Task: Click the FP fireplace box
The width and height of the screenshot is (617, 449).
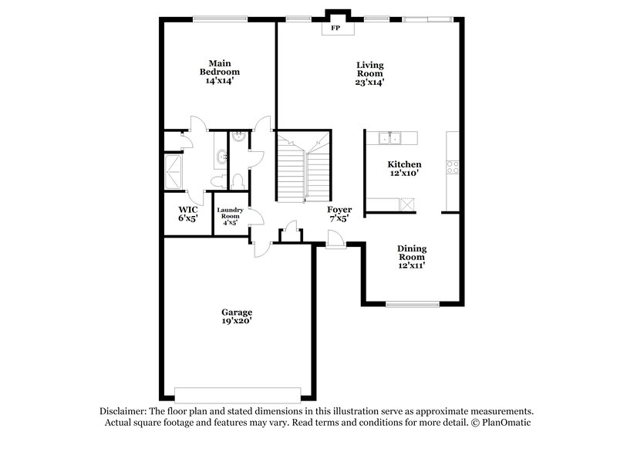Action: (x=335, y=29)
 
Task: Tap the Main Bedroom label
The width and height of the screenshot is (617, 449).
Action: (x=216, y=67)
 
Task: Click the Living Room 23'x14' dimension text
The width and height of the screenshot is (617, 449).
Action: (x=369, y=81)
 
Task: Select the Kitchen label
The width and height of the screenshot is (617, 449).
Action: (x=403, y=164)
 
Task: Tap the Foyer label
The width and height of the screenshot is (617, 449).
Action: (x=339, y=209)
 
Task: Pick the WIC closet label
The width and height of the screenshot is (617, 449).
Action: (x=188, y=209)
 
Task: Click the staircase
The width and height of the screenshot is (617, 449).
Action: (x=303, y=166)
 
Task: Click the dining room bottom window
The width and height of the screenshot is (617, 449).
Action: (x=412, y=304)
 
